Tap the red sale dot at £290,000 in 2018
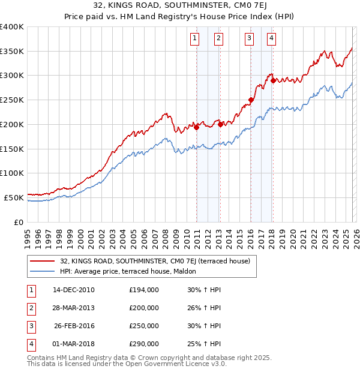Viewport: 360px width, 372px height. click(273, 80)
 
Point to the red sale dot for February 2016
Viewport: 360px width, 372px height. click(251, 100)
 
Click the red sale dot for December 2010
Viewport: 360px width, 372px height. click(196, 127)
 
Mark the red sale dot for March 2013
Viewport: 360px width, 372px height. click(220, 124)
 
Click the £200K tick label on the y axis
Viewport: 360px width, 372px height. click(12, 124)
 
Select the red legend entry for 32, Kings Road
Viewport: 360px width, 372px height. click(158, 261)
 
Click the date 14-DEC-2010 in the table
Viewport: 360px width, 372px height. click(73, 290)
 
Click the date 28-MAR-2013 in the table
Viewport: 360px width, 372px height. click(73, 308)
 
